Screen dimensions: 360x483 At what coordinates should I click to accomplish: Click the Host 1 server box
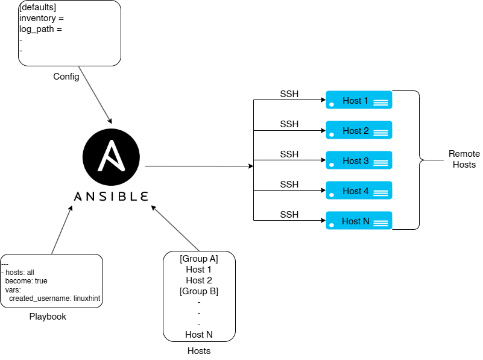click(359, 100)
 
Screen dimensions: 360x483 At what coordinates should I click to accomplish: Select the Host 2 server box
click(359, 130)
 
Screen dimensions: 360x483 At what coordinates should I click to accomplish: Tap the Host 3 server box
click(359, 160)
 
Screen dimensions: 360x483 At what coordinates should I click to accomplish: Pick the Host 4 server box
click(359, 191)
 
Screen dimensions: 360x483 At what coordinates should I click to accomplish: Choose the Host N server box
click(359, 221)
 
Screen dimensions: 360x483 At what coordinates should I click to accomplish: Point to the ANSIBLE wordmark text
click(111, 197)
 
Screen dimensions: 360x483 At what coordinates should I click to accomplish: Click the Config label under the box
click(66, 77)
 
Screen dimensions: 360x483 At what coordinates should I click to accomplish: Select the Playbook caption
click(48, 317)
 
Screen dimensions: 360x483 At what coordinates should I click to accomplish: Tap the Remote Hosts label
click(464, 159)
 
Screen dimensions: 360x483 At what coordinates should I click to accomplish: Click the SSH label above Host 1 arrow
click(289, 94)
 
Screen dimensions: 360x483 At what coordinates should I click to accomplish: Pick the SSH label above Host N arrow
click(289, 215)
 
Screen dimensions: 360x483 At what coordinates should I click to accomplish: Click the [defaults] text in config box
click(38, 7)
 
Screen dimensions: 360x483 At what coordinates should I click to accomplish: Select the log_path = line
click(41, 28)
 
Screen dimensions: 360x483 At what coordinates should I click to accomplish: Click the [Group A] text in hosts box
click(199, 259)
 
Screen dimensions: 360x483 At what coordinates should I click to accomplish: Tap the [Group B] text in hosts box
click(199, 291)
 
